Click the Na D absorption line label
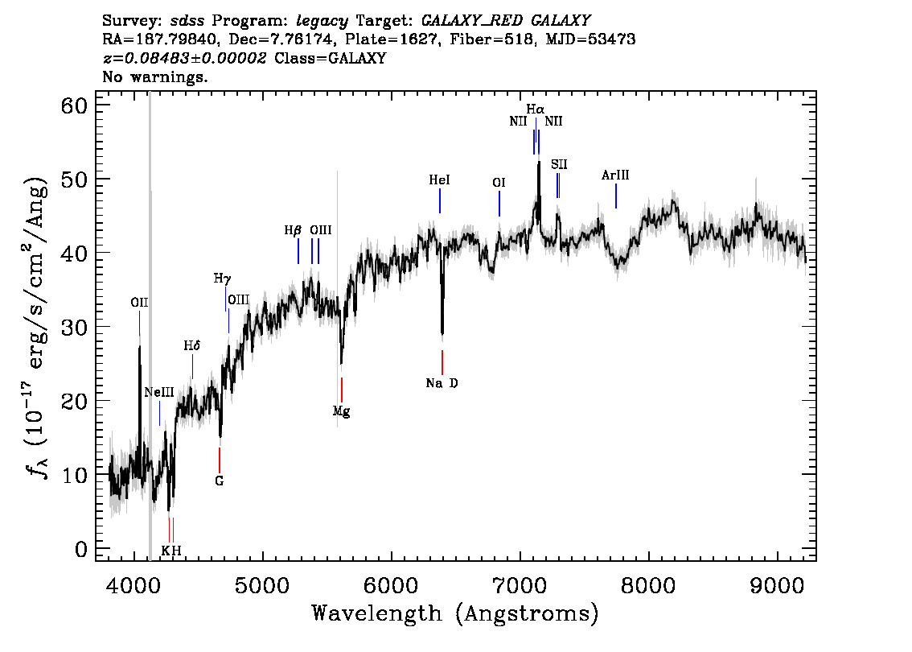442,383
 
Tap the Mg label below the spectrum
342,411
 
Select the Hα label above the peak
536,109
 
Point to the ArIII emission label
615,175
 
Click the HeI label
440,180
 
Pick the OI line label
499,183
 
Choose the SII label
559,165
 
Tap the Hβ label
293,230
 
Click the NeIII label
159,392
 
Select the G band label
220,481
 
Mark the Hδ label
192,346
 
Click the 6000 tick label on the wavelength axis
392,586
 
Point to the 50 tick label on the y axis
74,179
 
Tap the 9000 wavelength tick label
777,586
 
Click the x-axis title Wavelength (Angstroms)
455,613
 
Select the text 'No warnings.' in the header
154,76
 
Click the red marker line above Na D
442,362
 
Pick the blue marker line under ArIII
616,196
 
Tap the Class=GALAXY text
331,58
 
